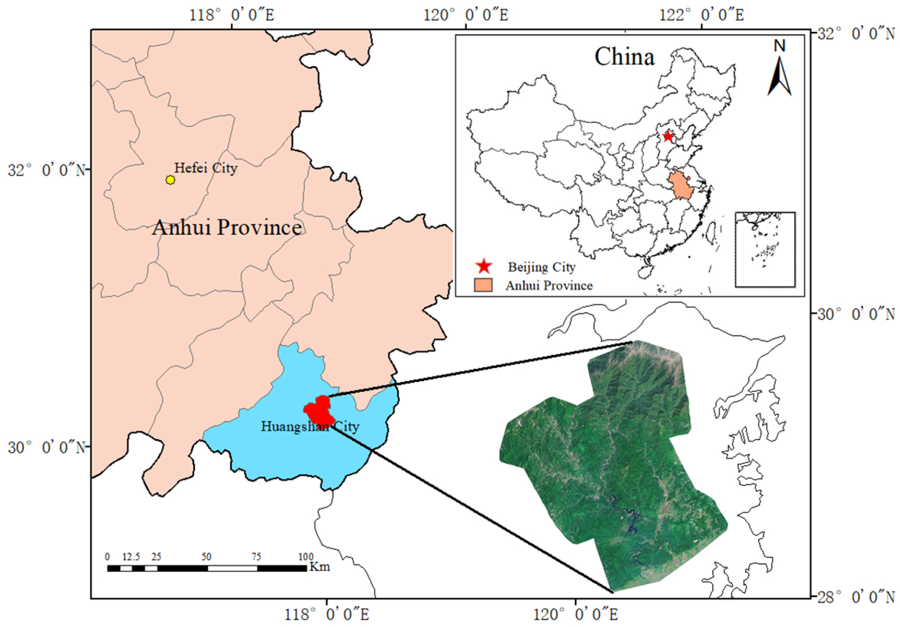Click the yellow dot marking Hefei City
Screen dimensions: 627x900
[170, 180]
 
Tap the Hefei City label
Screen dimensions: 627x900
[206, 168]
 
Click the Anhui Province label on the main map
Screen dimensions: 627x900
[227, 228]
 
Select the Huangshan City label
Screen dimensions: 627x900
[310, 426]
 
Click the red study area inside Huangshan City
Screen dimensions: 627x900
[319, 412]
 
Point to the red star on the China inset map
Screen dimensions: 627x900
[668, 137]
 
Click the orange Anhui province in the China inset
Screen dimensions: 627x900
[681, 184]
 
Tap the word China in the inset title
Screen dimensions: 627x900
[624, 57]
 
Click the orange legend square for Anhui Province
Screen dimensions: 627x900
[483, 285]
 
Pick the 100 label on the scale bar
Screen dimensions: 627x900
[306, 557]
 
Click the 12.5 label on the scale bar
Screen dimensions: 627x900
[131, 557]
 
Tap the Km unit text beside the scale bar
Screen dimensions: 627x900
[319, 567]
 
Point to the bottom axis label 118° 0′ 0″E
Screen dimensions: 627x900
[326, 614]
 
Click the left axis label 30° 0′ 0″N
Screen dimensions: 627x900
[46, 447]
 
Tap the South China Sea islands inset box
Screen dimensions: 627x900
[765, 249]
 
